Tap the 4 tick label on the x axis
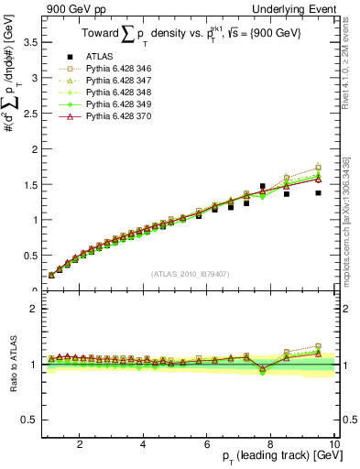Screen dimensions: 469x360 pyautogui.click(x=143, y=444)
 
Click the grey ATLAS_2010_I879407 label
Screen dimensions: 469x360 pyautogui.click(x=189, y=273)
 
